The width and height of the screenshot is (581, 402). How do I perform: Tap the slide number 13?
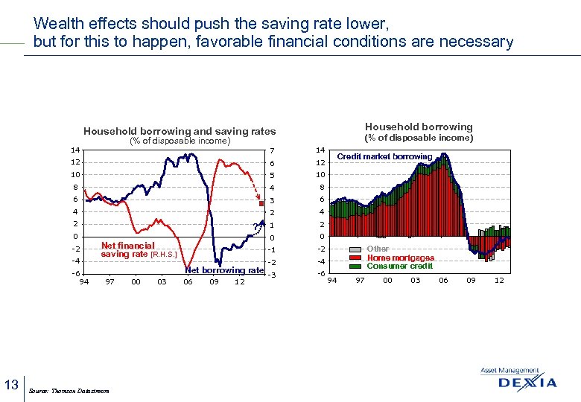coord(11,385)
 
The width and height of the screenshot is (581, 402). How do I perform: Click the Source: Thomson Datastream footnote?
coord(68,391)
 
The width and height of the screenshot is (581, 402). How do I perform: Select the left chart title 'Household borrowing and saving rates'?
coord(180,131)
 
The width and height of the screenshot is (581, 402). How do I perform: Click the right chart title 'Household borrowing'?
coord(418,127)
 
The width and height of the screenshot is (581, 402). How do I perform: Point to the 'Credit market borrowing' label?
coord(384,156)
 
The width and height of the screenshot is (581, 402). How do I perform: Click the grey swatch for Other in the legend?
coord(355,249)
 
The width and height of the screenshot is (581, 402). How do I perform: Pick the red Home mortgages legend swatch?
coord(355,258)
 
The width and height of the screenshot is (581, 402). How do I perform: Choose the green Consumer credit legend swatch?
coord(355,266)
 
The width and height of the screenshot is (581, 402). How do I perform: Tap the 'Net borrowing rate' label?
coord(224,270)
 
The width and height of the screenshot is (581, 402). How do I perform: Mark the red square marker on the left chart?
coord(261,203)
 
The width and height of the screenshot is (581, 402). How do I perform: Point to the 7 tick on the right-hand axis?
coord(273,151)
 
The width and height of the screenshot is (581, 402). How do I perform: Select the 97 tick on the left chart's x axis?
coord(110,281)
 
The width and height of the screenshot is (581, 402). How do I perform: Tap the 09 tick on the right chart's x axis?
coord(471,280)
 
